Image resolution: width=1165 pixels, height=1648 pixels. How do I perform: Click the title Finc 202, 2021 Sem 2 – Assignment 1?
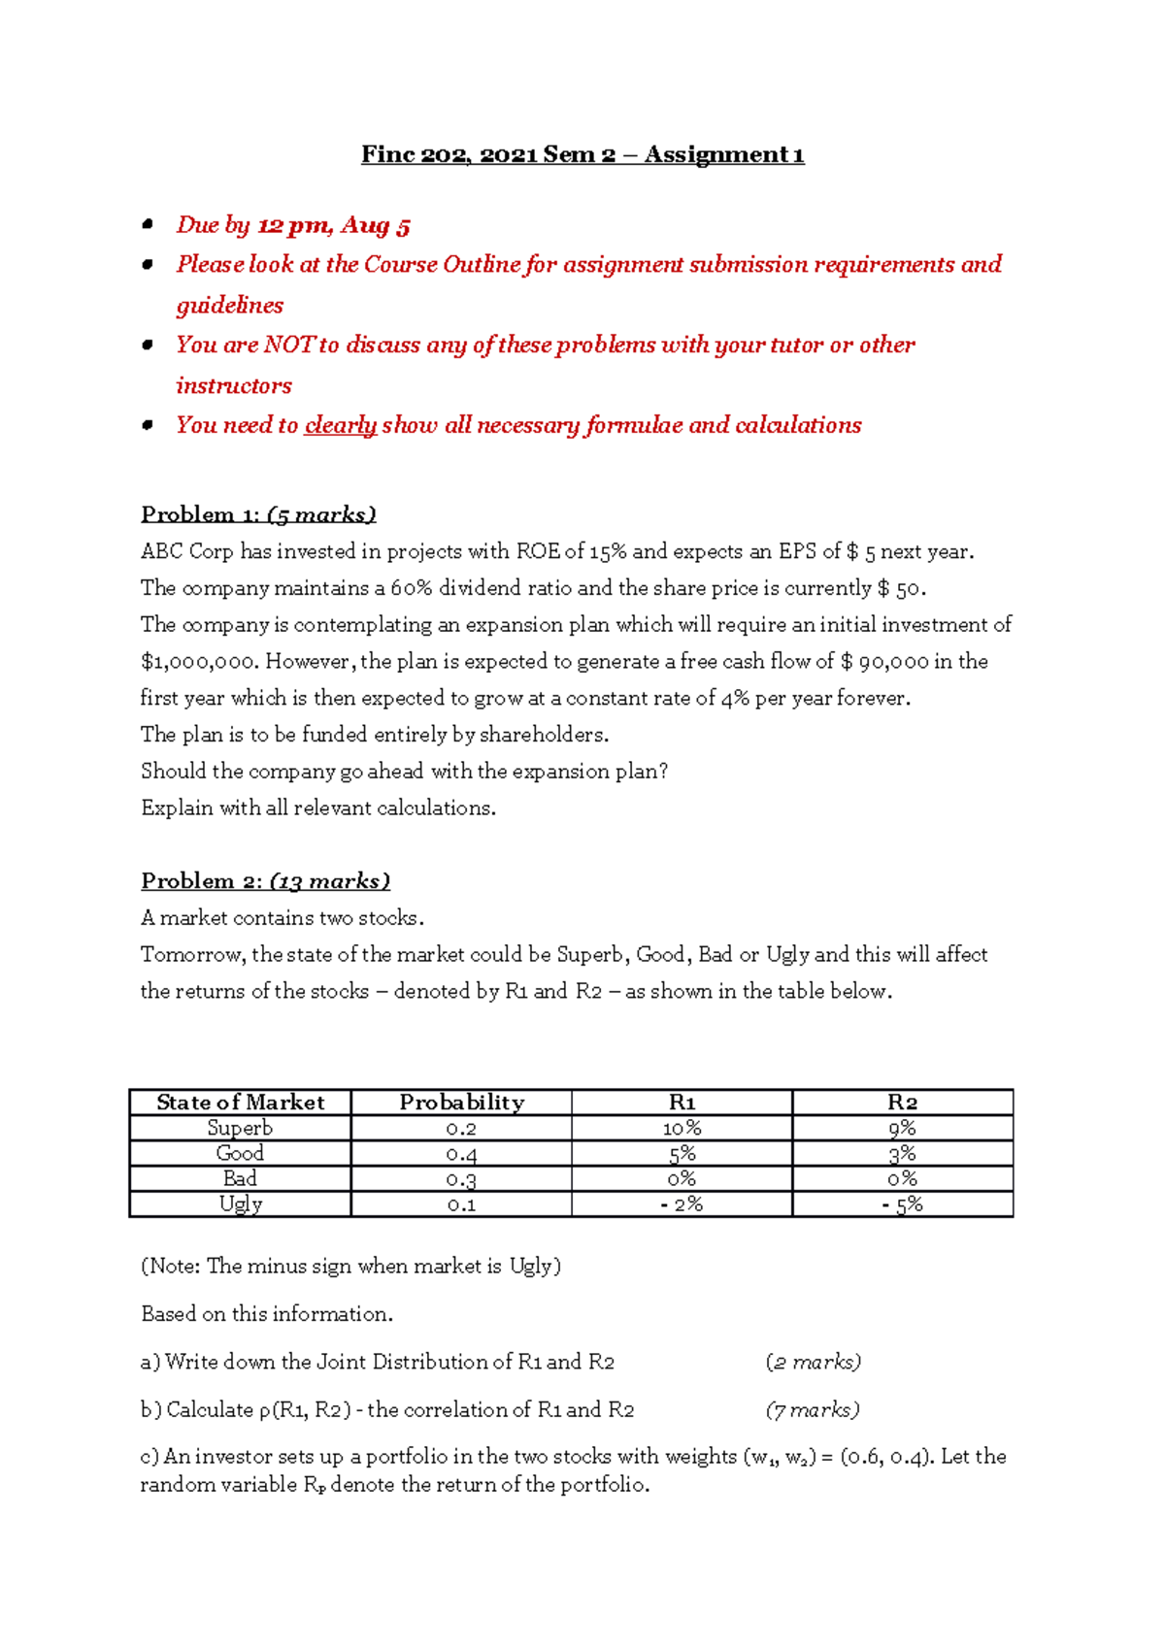(x=582, y=154)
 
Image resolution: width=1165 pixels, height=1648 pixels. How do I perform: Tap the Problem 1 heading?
(x=258, y=514)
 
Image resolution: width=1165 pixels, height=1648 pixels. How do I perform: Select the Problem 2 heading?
(x=265, y=881)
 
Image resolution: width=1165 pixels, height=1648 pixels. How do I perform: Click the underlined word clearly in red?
(x=340, y=426)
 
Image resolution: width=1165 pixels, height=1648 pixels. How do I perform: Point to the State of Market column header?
(x=240, y=1103)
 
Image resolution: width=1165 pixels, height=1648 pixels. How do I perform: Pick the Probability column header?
(x=461, y=1103)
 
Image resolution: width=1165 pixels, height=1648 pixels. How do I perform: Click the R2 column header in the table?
(x=902, y=1103)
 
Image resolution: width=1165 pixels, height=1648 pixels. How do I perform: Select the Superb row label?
(x=240, y=1128)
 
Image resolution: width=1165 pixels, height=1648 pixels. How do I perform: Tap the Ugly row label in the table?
(x=240, y=1204)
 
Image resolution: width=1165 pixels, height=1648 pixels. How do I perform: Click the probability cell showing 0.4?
(x=461, y=1154)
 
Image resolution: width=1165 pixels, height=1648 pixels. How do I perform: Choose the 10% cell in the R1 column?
(x=682, y=1128)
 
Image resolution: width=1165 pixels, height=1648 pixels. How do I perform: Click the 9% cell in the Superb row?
(x=902, y=1128)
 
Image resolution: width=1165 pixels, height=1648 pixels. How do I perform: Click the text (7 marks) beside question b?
(x=813, y=1410)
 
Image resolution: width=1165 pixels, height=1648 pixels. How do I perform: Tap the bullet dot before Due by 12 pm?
(x=148, y=225)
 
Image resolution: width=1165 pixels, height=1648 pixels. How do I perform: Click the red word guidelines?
(x=230, y=306)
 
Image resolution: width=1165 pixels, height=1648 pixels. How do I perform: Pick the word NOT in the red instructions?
(x=289, y=346)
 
